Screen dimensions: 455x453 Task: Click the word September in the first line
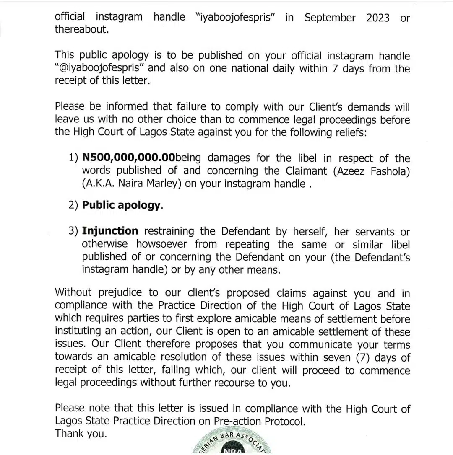(330, 18)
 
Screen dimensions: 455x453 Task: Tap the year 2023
(377, 18)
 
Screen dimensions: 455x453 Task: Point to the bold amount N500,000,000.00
(128, 158)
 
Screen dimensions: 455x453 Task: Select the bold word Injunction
(110, 231)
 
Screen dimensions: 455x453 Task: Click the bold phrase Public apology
(121, 205)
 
